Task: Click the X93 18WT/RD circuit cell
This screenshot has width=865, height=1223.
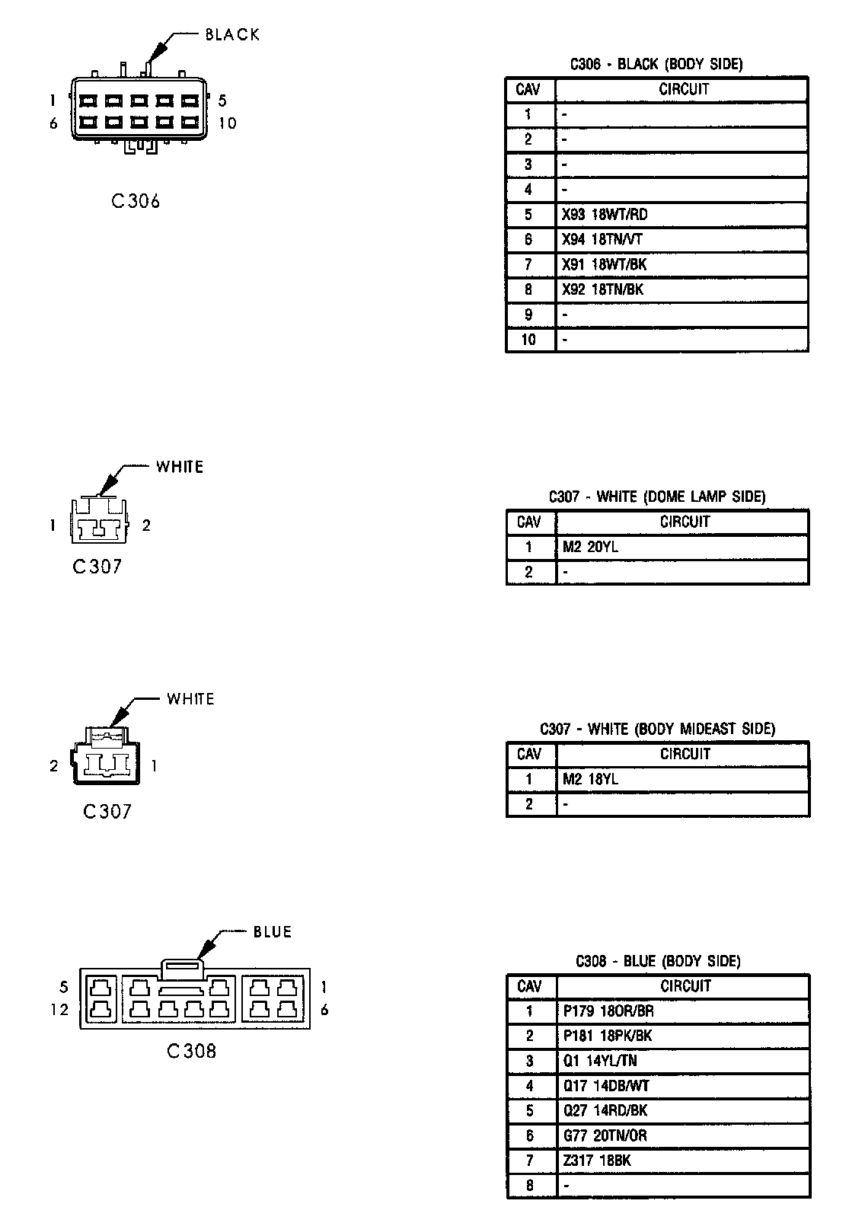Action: click(x=605, y=215)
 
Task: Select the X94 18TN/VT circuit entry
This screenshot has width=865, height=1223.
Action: click(x=602, y=240)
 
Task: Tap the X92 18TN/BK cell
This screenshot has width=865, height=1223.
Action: click(x=603, y=289)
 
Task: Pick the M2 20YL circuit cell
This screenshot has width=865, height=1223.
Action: click(x=590, y=547)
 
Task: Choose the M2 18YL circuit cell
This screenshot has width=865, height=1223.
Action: click(x=590, y=779)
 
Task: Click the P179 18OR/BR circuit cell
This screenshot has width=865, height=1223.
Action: click(x=608, y=1011)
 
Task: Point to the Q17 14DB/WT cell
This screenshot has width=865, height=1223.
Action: click(x=606, y=1086)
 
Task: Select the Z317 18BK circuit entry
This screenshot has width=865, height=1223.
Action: click(x=597, y=1161)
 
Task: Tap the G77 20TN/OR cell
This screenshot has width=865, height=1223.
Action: click(x=605, y=1135)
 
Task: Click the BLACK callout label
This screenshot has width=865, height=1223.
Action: click(x=232, y=34)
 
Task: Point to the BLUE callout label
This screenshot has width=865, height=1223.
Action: click(x=272, y=932)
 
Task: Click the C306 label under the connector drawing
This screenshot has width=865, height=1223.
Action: click(x=136, y=201)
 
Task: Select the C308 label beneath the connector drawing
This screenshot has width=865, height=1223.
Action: click(x=191, y=1052)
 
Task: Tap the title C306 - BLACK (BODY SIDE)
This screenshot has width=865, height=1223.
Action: click(x=656, y=64)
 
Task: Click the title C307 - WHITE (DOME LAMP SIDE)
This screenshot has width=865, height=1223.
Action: click(x=657, y=497)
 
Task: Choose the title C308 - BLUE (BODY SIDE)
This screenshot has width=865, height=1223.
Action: click(x=658, y=961)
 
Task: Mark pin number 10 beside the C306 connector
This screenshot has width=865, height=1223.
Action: click(x=227, y=123)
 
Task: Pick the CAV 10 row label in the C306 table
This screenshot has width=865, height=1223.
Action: click(x=528, y=340)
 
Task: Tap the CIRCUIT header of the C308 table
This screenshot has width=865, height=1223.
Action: click(x=685, y=986)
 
